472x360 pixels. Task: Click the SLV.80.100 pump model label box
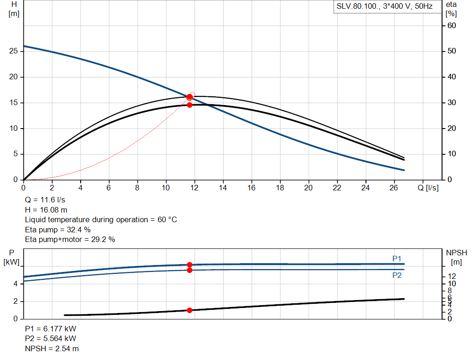[384, 7]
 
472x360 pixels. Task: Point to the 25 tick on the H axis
[14, 51]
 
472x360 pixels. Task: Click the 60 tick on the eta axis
[452, 25]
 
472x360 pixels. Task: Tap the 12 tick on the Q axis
[195, 188]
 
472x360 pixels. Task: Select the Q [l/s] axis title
[428, 188]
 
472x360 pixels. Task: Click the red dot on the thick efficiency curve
[189, 105]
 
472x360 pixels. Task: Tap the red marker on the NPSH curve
[189, 310]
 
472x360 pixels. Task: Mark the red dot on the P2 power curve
[189, 270]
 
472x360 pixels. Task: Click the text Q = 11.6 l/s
[45, 201]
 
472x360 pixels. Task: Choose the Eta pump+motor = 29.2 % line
[70, 239]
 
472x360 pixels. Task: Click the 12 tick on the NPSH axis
[452, 276]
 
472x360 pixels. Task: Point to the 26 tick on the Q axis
[394, 188]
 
